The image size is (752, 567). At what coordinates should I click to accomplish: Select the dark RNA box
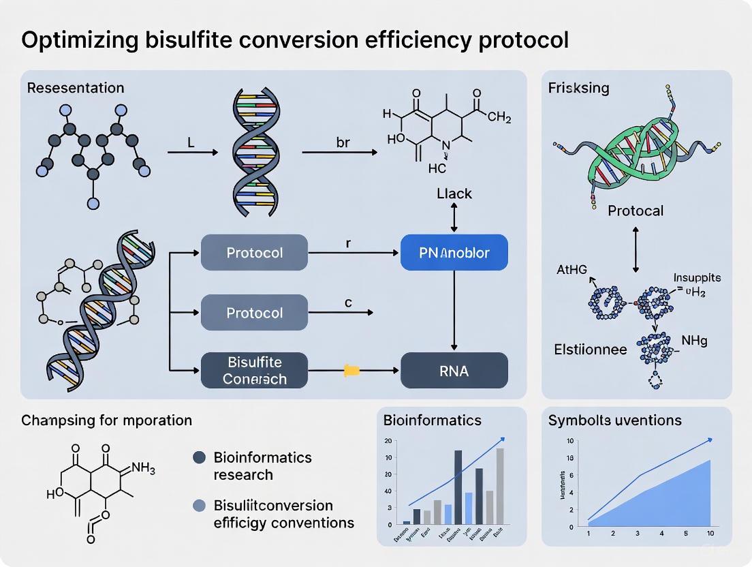(x=454, y=371)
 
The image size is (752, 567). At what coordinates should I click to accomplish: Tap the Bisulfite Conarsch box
(x=255, y=370)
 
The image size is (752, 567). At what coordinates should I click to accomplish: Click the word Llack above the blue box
(x=454, y=194)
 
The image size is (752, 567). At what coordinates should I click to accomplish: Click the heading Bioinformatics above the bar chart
(x=432, y=420)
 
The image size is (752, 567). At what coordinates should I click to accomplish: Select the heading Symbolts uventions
(x=614, y=420)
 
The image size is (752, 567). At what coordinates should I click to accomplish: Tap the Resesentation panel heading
(x=76, y=88)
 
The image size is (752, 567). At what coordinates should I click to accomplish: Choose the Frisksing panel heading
(x=579, y=88)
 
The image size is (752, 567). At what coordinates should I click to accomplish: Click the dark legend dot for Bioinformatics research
(x=199, y=458)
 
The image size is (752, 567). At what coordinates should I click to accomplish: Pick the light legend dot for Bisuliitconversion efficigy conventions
(x=199, y=506)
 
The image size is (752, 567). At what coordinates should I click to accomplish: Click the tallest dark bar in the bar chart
(x=458, y=487)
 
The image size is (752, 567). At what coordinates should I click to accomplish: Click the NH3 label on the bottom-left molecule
(x=142, y=468)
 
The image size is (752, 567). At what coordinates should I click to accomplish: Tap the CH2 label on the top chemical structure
(x=499, y=117)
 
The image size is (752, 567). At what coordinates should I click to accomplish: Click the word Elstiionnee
(x=590, y=350)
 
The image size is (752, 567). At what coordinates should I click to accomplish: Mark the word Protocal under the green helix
(x=635, y=210)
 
